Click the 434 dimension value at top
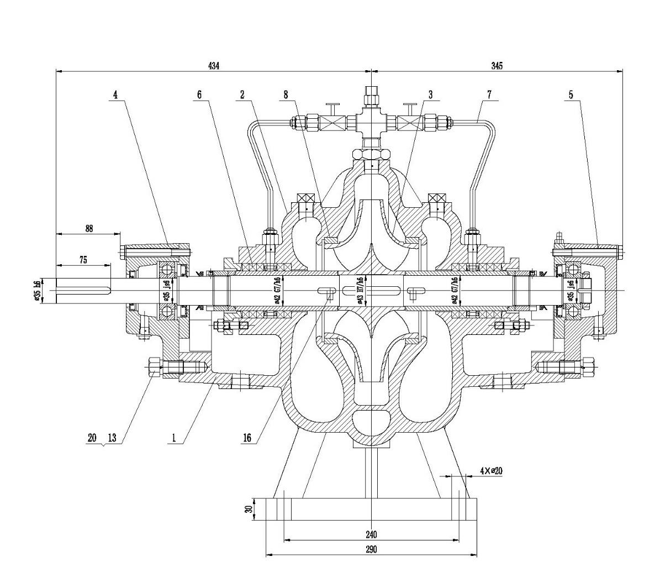[x=214, y=66]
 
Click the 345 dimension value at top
[x=497, y=66]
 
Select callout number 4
[x=115, y=94]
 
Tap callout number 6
[x=199, y=94]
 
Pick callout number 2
[x=242, y=94]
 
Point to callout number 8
[x=286, y=94]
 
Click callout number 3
[x=430, y=94]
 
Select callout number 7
[x=489, y=94]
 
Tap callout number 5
[x=571, y=94]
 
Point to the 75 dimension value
[x=83, y=259]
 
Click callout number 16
[x=247, y=438]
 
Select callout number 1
[x=174, y=438]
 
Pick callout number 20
[x=92, y=438]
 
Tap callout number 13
[x=112, y=438]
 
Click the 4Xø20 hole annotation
[x=490, y=471]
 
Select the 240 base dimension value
[x=371, y=534]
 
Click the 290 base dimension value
[x=371, y=549]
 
